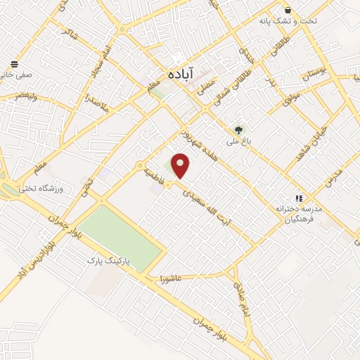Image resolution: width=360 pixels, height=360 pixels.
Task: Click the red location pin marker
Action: click(x=181, y=165)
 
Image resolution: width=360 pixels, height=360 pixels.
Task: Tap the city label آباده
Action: click(x=181, y=72)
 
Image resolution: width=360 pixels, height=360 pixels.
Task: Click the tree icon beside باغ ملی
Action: click(x=238, y=129)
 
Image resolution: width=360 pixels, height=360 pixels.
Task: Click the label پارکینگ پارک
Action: click(x=105, y=261)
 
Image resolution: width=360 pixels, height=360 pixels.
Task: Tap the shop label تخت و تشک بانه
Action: click(x=309, y=21)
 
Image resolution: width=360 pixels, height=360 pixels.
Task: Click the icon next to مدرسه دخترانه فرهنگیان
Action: click(x=298, y=199)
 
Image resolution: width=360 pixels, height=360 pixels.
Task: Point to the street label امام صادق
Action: click(x=244, y=298)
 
